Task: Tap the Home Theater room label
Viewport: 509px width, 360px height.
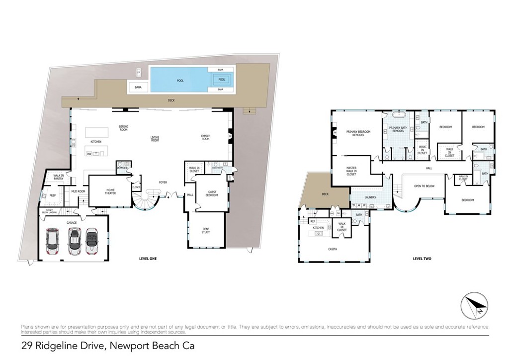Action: [110, 191]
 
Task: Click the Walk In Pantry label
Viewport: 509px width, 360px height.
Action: [59, 178]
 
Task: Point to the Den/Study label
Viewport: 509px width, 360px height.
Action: [205, 230]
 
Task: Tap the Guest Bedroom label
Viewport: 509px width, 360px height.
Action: [212, 193]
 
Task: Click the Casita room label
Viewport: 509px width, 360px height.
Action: [333, 249]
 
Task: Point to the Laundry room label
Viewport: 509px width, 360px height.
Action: [370, 197]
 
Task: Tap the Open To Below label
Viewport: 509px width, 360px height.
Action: [424, 186]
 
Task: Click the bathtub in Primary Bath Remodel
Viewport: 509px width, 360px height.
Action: [400, 115]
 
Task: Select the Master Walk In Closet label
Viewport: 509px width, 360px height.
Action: [351, 171]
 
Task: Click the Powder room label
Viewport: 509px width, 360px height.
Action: [122, 168]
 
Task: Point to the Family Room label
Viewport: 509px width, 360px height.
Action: [205, 137]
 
